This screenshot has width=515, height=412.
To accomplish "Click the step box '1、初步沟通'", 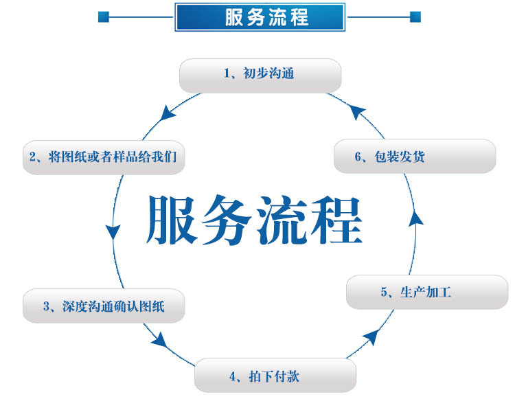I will [260, 75].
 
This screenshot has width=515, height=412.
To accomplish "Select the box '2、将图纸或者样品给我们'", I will [103, 157].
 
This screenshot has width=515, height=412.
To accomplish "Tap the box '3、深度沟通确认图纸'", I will [104, 306].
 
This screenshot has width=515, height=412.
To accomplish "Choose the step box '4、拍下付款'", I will [275, 376].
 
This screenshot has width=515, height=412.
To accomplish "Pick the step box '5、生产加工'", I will [426, 293].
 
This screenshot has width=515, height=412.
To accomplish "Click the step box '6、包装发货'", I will [415, 156].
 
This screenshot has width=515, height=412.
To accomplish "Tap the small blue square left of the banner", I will [104, 16].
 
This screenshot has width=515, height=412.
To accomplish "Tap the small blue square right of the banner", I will [415, 16].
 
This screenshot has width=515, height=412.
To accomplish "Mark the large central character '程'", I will [337, 220].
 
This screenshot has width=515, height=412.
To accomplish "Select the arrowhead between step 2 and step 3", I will [113, 231].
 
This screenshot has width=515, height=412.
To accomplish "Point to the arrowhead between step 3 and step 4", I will [160, 339].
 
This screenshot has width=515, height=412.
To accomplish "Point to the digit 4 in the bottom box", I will [233, 376].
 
